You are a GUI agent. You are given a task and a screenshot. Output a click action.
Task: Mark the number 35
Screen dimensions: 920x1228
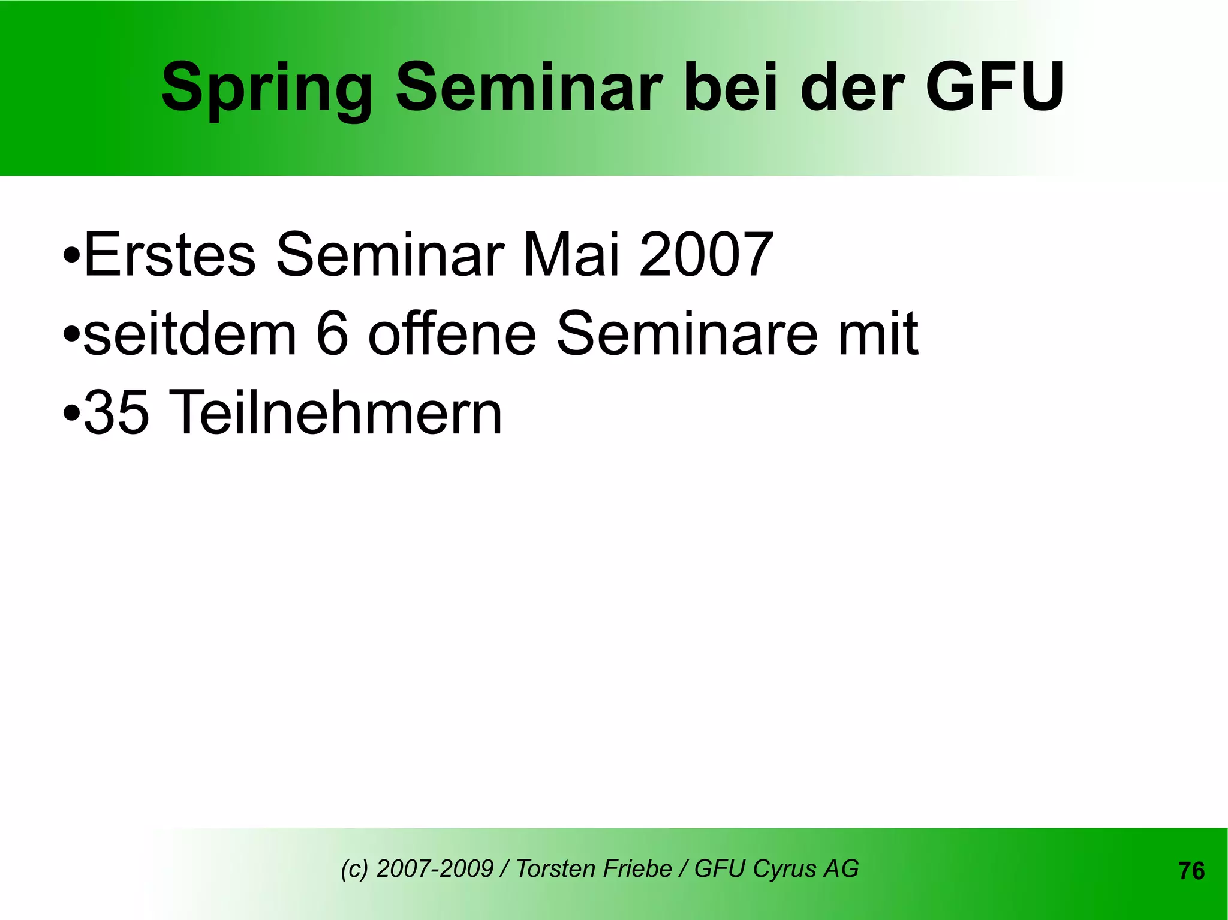click(116, 413)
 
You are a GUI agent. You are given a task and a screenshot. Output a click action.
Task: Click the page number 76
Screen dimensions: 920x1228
click(1191, 871)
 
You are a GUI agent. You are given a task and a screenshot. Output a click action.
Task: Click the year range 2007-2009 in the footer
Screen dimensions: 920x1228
click(435, 868)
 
